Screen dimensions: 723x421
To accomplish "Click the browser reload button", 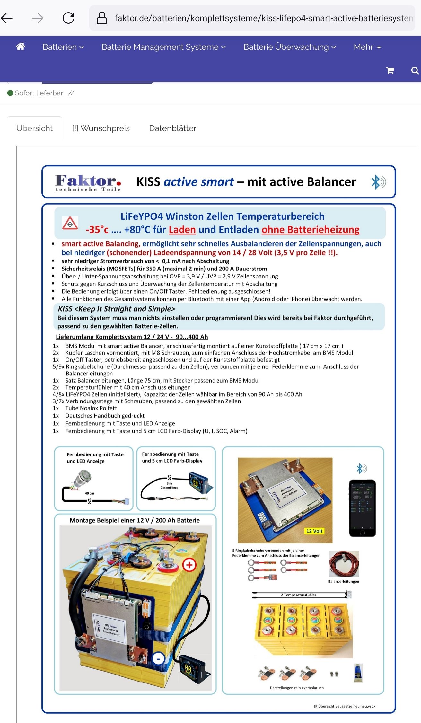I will [68, 18].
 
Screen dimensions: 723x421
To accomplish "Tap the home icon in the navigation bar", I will [21, 47].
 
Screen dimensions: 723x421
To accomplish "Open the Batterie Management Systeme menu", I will [163, 47].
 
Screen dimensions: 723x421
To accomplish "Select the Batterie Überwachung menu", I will [289, 47].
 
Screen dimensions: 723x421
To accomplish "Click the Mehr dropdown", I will [367, 47].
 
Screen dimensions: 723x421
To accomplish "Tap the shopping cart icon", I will [390, 71].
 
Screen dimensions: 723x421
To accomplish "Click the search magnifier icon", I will [415, 71].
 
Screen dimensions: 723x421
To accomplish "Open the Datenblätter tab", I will [172, 128].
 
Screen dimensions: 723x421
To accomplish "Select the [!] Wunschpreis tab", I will [101, 128].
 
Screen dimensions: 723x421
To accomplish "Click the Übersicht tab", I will [34, 128].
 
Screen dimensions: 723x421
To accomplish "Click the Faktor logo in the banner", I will [88, 182].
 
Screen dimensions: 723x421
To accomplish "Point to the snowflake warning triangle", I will [70, 223].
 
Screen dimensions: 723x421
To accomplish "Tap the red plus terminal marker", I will [189, 564].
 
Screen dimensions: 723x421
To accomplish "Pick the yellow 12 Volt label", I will [314, 531].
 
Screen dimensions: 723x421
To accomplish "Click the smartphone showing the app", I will [362, 507].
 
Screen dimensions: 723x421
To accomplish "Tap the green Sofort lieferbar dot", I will [10, 93].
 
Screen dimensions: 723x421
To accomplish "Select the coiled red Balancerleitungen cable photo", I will [344, 564].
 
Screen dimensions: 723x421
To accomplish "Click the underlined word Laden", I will [182, 230].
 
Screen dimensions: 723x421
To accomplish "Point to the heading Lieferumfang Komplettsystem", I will [132, 337].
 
